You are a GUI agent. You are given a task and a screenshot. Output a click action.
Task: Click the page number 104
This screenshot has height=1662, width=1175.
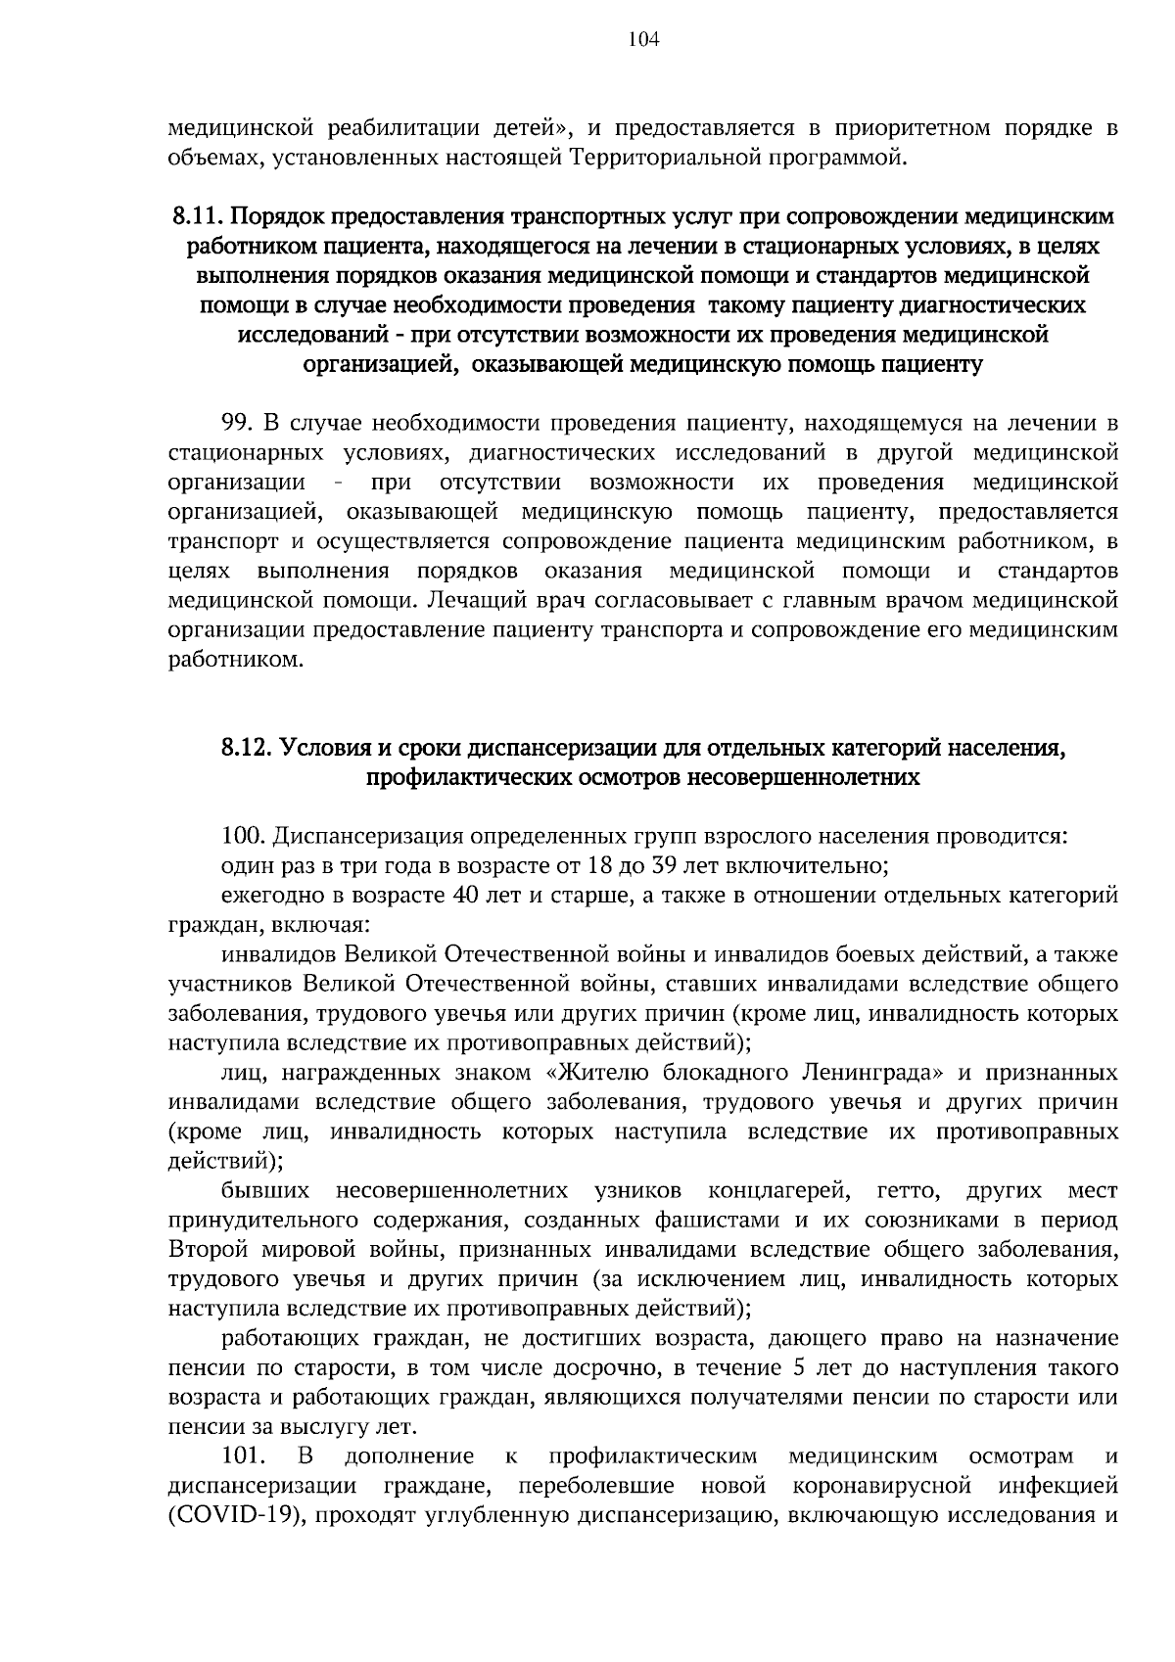[x=644, y=40]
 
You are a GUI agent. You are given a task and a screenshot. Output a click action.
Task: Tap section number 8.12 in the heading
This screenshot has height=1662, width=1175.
[x=244, y=749]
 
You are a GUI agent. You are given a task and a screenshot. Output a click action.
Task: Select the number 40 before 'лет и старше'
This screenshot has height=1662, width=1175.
[x=462, y=896]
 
